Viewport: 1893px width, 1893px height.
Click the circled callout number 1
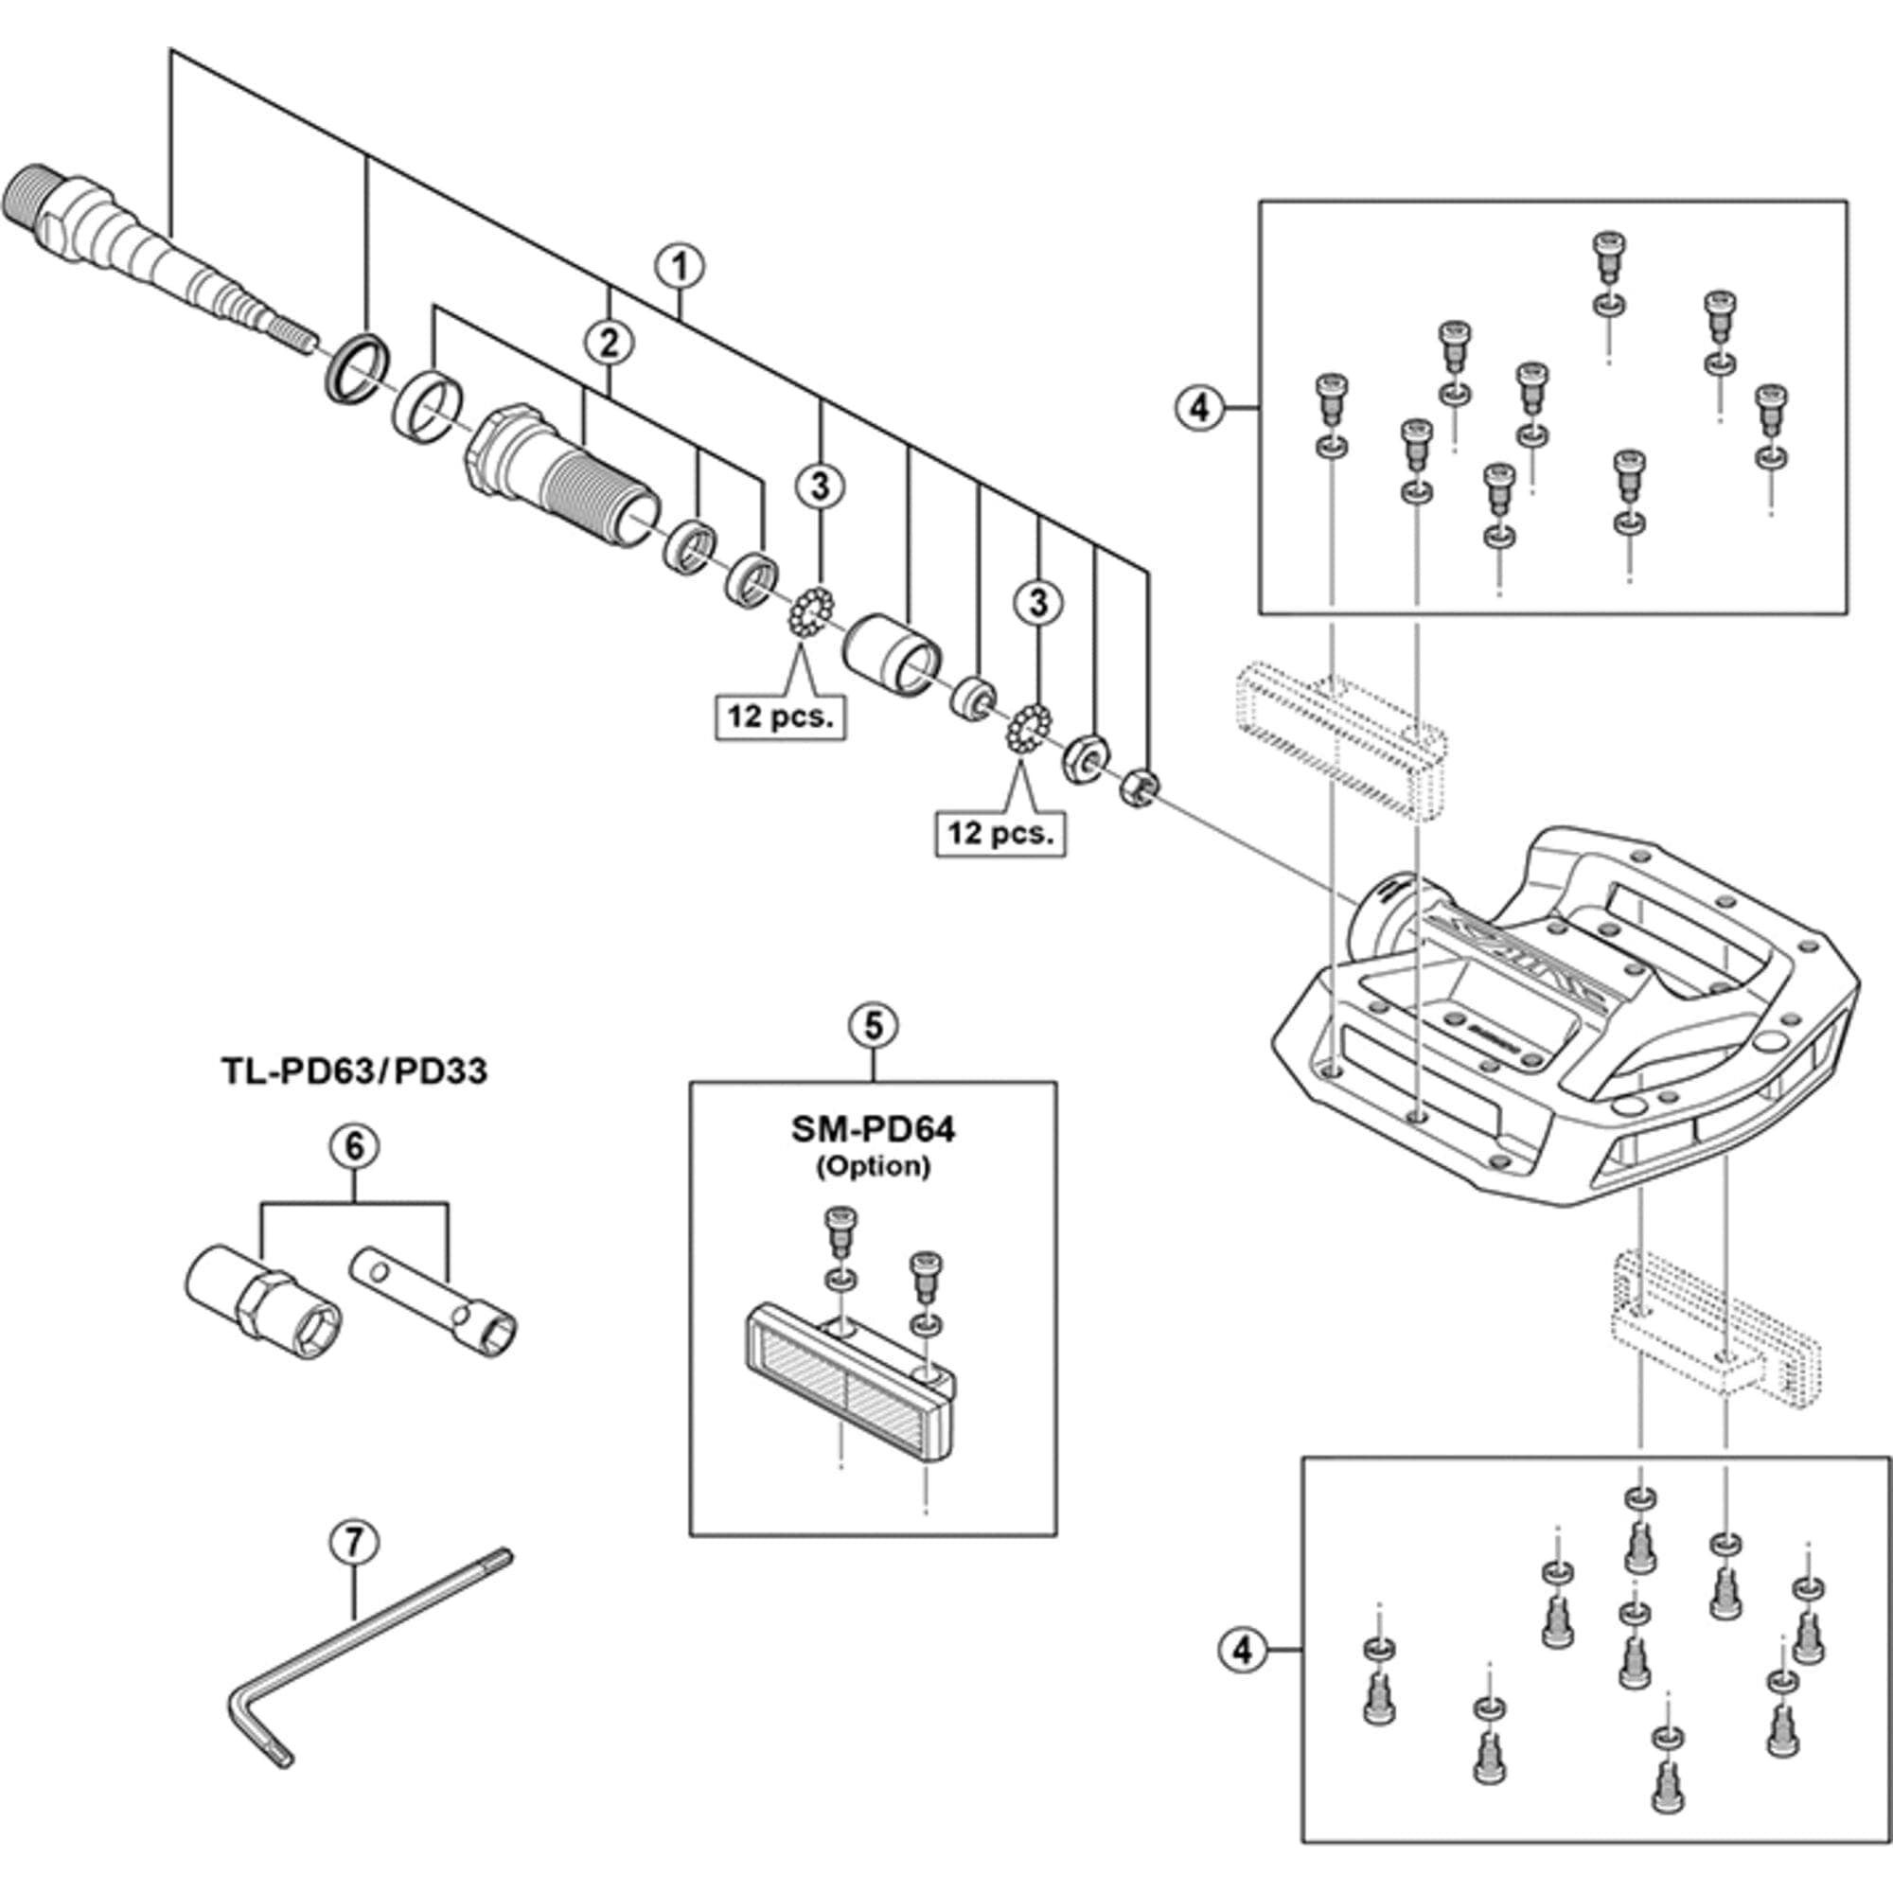(680, 268)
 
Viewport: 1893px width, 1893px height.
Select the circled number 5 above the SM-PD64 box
(872, 1025)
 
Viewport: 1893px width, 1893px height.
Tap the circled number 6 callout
(354, 1145)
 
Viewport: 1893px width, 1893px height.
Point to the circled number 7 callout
(354, 1541)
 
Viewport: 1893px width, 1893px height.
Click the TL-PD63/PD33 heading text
(354, 1070)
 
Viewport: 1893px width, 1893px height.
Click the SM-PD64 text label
(872, 1130)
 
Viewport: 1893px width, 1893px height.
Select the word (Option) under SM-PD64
(872, 1166)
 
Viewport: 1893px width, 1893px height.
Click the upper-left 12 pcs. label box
(780, 717)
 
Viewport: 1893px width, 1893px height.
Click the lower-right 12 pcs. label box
(1000, 833)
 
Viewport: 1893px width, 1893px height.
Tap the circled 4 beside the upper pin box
(1199, 407)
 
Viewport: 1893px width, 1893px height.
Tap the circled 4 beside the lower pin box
(1242, 1650)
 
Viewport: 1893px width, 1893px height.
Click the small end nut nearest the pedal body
(1140, 786)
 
